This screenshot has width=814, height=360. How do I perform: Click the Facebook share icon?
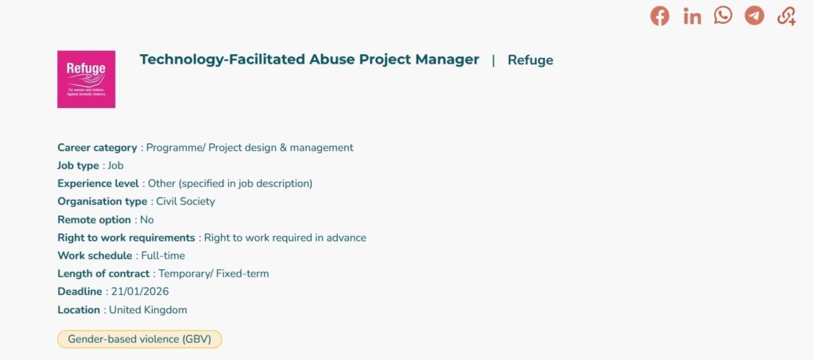point(660,16)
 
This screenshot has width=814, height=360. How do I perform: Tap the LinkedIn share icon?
point(692,16)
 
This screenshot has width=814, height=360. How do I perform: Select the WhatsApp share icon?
point(723,15)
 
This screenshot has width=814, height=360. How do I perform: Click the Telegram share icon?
point(754,15)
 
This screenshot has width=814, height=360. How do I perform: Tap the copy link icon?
point(786,16)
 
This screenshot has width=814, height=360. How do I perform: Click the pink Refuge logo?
point(86,79)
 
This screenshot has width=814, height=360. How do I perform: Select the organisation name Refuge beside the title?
point(530,60)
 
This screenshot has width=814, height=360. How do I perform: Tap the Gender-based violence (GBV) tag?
point(139,339)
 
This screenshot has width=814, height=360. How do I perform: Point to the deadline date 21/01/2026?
point(140,292)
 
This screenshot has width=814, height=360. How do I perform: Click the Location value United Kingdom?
point(148,310)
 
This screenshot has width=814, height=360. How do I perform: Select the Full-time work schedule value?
point(163,256)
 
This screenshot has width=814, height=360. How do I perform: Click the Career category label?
point(97,148)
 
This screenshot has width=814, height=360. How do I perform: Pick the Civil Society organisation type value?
point(185,202)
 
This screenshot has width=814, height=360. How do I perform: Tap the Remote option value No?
point(147,220)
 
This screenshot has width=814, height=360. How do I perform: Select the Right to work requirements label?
point(126,238)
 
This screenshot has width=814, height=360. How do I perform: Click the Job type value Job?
point(115,166)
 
